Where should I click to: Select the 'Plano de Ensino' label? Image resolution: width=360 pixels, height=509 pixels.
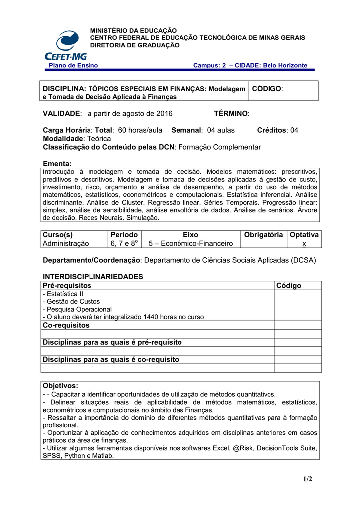[x=73, y=65]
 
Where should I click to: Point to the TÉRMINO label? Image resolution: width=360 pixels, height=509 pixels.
[x=231, y=114]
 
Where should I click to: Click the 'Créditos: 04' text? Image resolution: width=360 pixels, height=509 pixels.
[x=277, y=130]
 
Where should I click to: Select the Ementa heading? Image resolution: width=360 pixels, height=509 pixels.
[x=57, y=164]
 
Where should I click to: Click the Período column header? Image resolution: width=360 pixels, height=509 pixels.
[x=125, y=235]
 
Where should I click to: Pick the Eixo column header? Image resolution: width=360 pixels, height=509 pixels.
[x=190, y=235]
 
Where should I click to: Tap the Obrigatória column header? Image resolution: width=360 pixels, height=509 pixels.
[x=264, y=235]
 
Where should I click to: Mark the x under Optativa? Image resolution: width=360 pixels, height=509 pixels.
[x=304, y=244]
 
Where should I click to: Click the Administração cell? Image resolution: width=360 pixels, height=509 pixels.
[x=66, y=244]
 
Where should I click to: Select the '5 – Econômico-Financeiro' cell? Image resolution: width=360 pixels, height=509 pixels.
[x=190, y=244]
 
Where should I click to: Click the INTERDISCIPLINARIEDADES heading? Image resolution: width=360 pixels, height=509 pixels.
[x=93, y=277]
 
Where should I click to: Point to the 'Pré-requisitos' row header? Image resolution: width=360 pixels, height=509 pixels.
[x=67, y=286]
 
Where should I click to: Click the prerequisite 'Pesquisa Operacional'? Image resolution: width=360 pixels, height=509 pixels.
[x=78, y=309]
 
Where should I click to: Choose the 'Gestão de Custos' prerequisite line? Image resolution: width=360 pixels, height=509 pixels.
[x=72, y=301]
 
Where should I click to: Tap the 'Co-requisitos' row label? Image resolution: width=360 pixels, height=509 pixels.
[x=66, y=325]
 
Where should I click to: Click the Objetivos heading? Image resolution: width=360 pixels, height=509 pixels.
[x=61, y=386]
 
